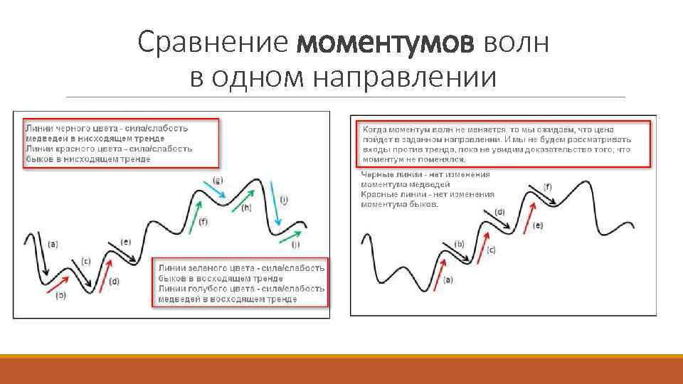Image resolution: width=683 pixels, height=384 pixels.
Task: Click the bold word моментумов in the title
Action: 384,43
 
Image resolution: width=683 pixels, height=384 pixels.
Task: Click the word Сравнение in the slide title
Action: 214,43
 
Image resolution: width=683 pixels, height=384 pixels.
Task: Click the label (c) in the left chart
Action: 86,260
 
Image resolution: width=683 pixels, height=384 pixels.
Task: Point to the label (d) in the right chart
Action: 499,211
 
